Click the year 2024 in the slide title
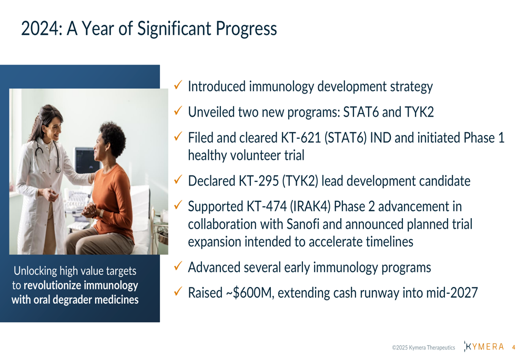[x=40, y=28]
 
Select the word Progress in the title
[x=246, y=29]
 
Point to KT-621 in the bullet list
[x=301, y=138]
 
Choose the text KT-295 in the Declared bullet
[x=259, y=181]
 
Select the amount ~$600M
[x=250, y=293]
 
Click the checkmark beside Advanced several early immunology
[x=178, y=266]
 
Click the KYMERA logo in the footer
[x=484, y=346]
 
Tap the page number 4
[x=513, y=347]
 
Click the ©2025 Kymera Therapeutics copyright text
[x=423, y=347]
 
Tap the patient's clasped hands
[x=90, y=211]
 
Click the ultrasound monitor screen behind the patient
[x=86, y=160]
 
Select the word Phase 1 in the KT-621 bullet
[x=484, y=138]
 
